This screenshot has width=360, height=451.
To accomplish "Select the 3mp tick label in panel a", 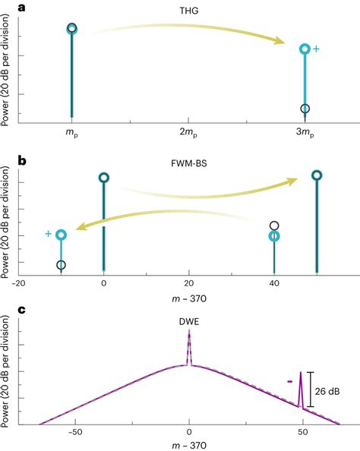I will (x=305, y=134).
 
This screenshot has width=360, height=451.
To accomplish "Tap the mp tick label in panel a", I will (x=71, y=134).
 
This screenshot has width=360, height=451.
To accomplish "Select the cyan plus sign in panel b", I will (x=48, y=234).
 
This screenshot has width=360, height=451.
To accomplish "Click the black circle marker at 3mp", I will (x=305, y=109).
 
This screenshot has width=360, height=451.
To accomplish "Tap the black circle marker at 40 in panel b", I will (x=275, y=225).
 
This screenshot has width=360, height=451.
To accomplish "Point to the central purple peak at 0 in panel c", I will (x=190, y=349).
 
